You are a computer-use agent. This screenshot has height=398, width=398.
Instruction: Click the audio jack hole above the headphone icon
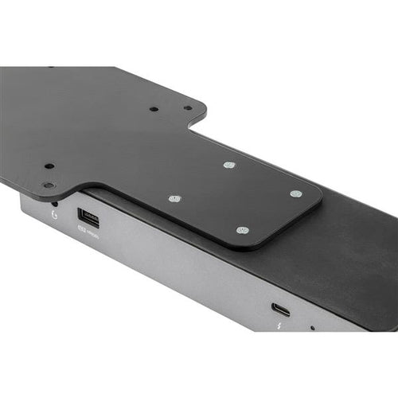coord(53,203)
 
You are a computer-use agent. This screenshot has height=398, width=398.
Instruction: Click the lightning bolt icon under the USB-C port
coord(279,325)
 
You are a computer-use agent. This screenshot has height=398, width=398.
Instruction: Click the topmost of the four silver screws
coord(229,166)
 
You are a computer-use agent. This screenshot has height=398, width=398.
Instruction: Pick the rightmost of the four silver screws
coord(295,193)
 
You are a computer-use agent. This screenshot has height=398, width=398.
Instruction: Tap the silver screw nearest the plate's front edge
coord(242,230)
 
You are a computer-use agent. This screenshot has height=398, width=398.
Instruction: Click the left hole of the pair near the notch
coord(154,108)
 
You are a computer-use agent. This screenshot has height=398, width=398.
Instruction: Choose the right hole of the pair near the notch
coord(188,107)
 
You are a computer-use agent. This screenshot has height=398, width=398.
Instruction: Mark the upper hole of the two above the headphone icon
coord(49,166)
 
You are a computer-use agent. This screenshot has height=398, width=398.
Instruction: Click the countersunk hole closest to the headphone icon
coord(49,185)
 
